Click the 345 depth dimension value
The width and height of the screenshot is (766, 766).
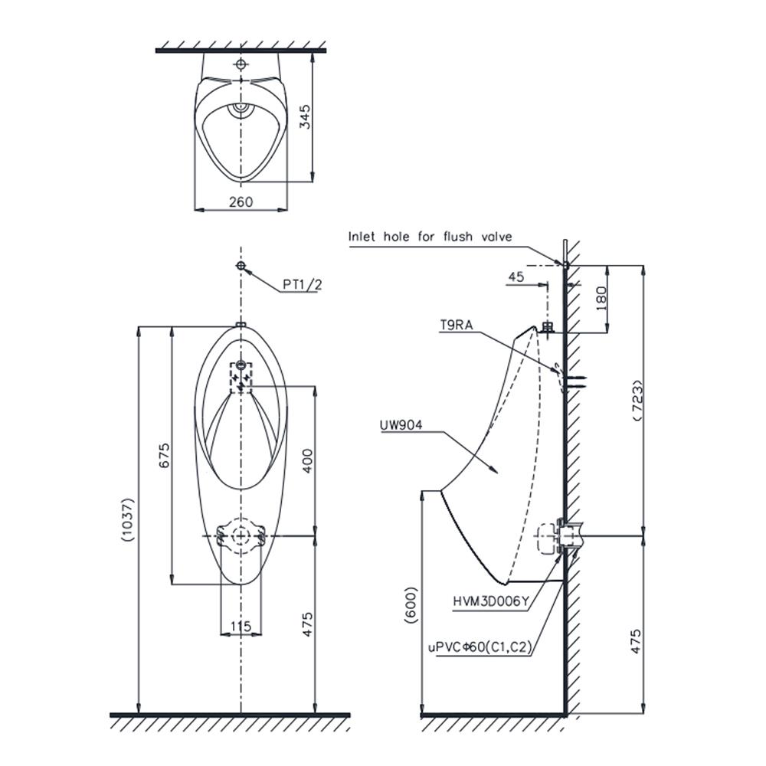click(x=305, y=116)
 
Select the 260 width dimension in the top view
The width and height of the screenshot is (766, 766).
click(x=241, y=201)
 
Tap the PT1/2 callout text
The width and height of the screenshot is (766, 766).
click(x=303, y=284)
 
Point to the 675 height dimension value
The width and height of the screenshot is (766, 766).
click(x=165, y=455)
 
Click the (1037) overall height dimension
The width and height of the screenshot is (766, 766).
click(x=127, y=519)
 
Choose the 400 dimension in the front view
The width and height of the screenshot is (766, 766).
click(x=307, y=460)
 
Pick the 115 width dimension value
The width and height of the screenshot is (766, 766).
click(x=241, y=626)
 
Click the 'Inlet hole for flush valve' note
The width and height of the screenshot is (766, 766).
click(x=430, y=237)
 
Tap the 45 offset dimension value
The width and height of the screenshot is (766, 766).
click(x=516, y=277)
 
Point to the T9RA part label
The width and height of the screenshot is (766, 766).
click(x=457, y=325)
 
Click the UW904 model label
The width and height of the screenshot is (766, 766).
click(x=401, y=425)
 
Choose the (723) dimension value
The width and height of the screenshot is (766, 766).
click(x=638, y=400)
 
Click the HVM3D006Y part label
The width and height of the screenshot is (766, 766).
click(x=490, y=602)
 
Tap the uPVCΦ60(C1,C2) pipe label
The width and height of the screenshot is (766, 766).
click(x=480, y=647)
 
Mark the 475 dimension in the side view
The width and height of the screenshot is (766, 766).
click(x=636, y=641)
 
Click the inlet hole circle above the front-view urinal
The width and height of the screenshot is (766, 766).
click(x=241, y=266)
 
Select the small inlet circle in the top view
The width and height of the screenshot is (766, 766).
click(x=241, y=64)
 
